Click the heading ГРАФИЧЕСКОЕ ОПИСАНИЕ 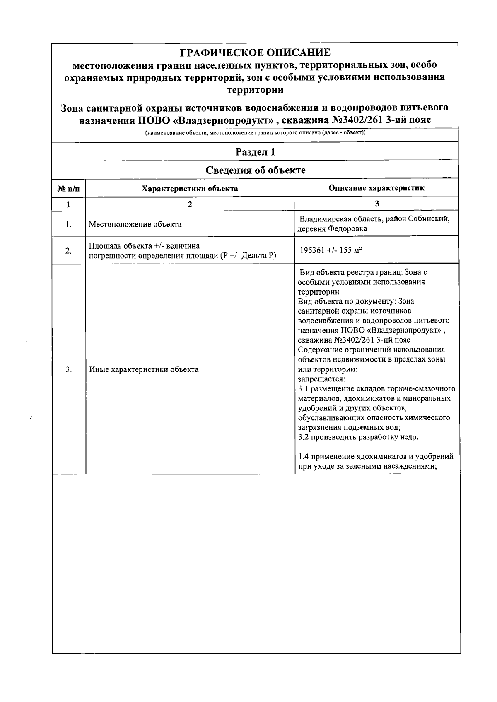[255, 53]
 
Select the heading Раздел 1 [255, 152]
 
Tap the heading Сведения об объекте [256, 170]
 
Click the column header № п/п [68, 189]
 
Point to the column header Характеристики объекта [190, 189]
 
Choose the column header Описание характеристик [376, 188]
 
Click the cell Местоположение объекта [135, 224]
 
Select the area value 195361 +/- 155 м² [331, 250]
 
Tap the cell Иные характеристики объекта [144, 369]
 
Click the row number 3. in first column [68, 369]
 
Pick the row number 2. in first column [68, 250]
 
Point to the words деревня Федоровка [332, 229]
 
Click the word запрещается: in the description [321, 379]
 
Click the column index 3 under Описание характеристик [376, 204]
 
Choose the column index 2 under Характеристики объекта [190, 204]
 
